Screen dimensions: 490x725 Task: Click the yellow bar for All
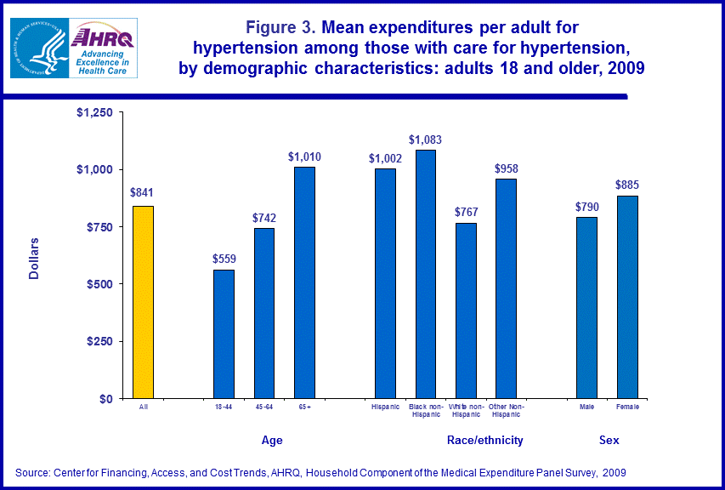[x=142, y=302]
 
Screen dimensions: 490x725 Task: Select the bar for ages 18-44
[x=224, y=333]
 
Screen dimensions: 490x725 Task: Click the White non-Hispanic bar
[x=466, y=311]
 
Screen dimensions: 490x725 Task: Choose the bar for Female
[x=627, y=297]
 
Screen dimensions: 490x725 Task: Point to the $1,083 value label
[x=425, y=140]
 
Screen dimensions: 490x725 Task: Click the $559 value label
[x=224, y=259]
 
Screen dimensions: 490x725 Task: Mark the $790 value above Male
[x=587, y=206]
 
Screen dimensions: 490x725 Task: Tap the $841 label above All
[x=142, y=192]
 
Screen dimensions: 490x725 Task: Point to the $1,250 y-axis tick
[x=94, y=112]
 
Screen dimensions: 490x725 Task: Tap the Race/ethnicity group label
[x=484, y=441]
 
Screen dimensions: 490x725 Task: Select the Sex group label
[x=609, y=441]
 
